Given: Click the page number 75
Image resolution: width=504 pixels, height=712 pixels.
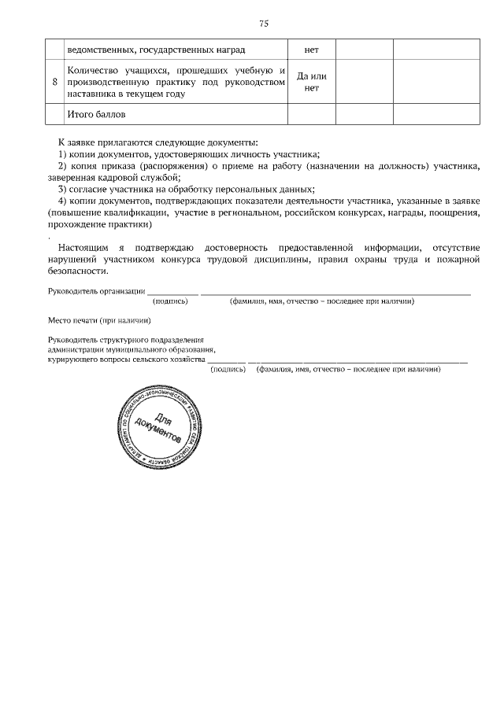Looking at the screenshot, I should pos(264,24).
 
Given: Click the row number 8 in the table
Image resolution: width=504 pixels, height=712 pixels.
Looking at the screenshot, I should pos(54,83).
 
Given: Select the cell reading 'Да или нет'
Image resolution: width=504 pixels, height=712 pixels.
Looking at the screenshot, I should pos(311,83).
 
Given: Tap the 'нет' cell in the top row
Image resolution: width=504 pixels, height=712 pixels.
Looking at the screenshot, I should pos(311,50).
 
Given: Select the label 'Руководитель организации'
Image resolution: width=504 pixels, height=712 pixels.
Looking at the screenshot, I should pos(95,291).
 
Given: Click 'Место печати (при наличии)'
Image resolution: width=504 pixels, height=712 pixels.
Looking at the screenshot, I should pos(98,320).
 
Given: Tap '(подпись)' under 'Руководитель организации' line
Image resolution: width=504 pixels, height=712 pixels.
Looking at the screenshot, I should pos(170,301).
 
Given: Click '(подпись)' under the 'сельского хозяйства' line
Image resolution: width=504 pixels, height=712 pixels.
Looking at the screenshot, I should pos(228,368).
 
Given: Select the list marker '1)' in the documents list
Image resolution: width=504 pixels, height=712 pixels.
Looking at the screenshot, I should pos(63,155).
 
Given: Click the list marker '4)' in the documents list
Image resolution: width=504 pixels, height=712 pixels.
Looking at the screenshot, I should pos(63,200).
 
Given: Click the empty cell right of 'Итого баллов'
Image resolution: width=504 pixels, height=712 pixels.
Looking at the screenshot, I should pos(311,115).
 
